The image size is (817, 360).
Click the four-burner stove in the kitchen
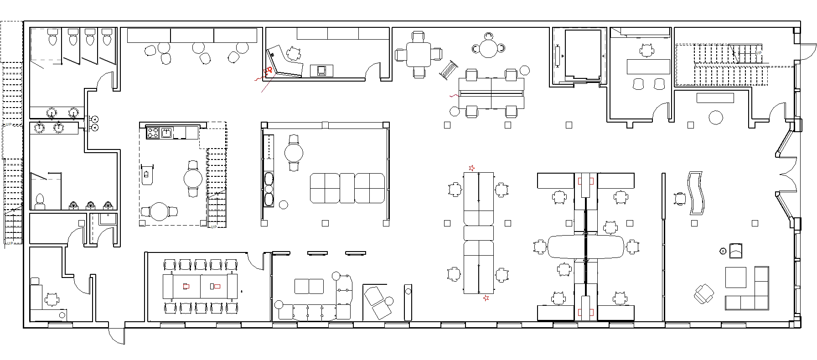pos(152,133)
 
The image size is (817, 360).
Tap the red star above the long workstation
pos(472,168)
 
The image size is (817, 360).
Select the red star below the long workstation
pos(486,298)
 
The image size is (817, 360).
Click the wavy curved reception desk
pos(697,193)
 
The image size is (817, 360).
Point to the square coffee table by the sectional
pos(736,278)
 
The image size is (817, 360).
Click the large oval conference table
pos(586,247)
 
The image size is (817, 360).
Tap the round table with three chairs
pos(488,48)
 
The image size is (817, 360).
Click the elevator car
pos(583,55)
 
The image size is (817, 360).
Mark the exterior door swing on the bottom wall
pos(116,336)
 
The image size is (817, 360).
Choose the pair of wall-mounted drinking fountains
pos(95,123)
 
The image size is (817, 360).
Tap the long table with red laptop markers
pos(200,286)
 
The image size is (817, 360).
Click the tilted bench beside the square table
pos(448,71)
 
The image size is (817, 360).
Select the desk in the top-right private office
pos(648,67)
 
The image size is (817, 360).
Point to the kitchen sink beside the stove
pos(166,133)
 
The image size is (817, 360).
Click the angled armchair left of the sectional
pos(704,293)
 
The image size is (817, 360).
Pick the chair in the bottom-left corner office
pos(52,299)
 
